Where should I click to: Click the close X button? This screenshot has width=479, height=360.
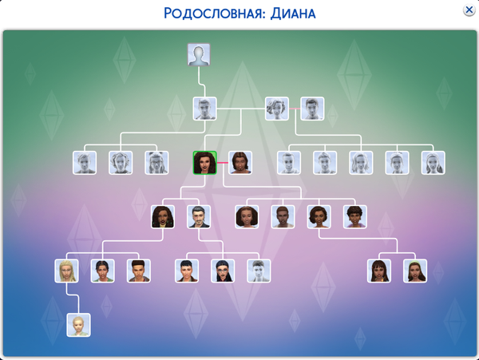click(x=468, y=10)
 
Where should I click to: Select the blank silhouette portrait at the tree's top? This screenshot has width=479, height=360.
click(x=199, y=55)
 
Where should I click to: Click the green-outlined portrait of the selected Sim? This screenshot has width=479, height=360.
click(x=205, y=163)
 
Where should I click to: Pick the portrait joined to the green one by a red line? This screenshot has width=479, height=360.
click(x=240, y=163)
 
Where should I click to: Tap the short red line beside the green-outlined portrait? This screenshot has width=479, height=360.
click(x=223, y=163)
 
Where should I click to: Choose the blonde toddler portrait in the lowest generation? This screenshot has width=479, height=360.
click(x=78, y=325)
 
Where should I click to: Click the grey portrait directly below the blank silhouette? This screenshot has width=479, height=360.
click(x=205, y=109)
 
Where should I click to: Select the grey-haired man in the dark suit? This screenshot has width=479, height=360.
click(x=199, y=216)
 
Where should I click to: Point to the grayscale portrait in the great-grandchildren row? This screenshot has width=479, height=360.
click(x=259, y=271)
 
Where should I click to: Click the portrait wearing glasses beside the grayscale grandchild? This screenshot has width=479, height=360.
click(x=223, y=271)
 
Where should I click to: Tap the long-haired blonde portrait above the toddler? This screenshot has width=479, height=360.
click(x=66, y=271)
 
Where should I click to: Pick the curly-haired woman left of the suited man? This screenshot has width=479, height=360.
click(x=163, y=216)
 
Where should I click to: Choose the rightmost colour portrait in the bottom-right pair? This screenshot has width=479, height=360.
click(x=415, y=271)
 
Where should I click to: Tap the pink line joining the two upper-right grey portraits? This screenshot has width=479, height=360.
click(x=295, y=109)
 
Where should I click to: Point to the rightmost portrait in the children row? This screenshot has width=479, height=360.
click(x=354, y=216)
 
